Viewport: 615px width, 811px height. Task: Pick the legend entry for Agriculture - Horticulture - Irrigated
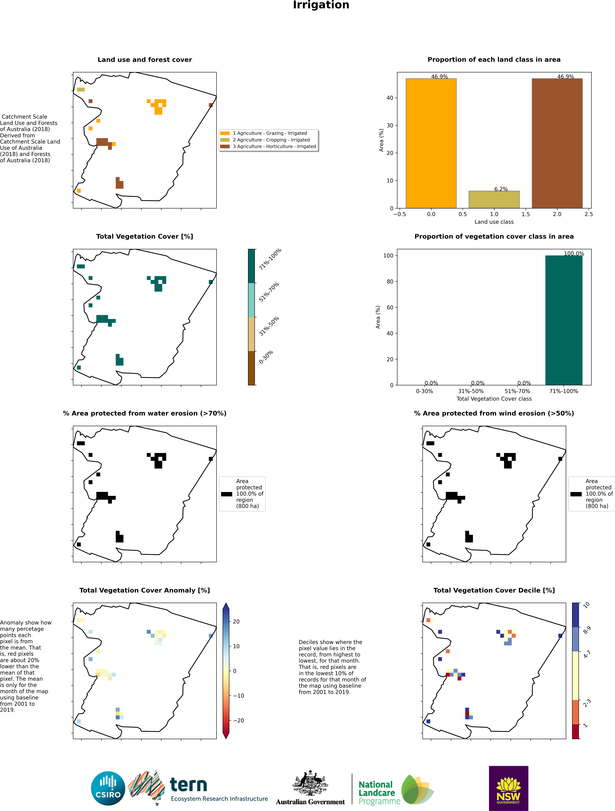[x=274, y=146]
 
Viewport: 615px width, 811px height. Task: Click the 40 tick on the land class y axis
[x=390, y=98]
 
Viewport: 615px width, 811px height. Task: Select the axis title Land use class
[x=494, y=222]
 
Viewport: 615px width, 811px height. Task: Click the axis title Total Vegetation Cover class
[x=494, y=399]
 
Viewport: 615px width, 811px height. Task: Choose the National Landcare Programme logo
[x=396, y=792]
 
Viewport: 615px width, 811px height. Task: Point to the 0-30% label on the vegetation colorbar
[x=266, y=357]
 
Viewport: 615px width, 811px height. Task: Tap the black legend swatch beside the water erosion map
[x=226, y=494]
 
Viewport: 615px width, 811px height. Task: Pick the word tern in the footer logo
[x=188, y=785]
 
